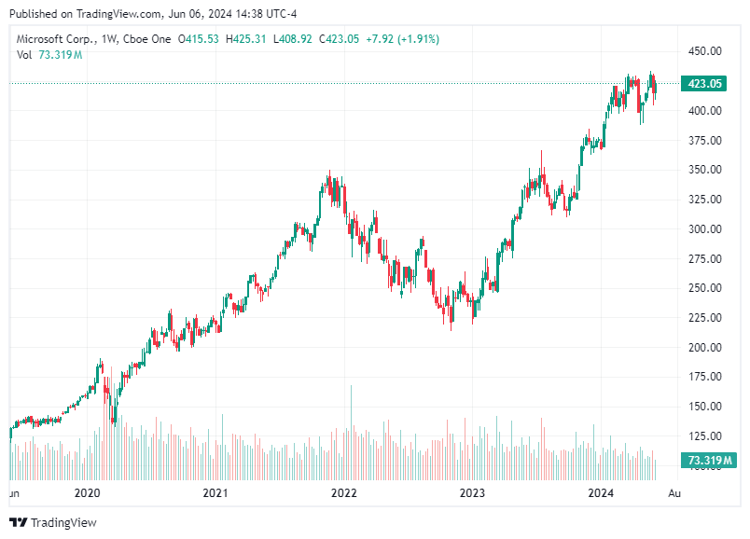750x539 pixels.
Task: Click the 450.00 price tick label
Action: pyautogui.click(x=704, y=51)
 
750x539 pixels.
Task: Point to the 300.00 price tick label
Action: pyautogui.click(x=704, y=228)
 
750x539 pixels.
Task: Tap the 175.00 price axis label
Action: pyautogui.click(x=704, y=377)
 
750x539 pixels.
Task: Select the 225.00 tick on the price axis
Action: pyautogui.click(x=704, y=318)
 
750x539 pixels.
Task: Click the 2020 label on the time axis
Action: pyautogui.click(x=87, y=492)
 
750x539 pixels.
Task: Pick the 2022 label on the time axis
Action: pyautogui.click(x=344, y=492)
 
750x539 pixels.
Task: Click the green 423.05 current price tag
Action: pyautogui.click(x=705, y=84)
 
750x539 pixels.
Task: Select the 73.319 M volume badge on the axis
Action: pyautogui.click(x=709, y=461)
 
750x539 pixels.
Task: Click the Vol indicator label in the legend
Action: pyautogui.click(x=24, y=55)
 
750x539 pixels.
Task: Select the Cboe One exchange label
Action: pyautogui.click(x=146, y=38)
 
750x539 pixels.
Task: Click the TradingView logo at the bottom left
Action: pyautogui.click(x=53, y=523)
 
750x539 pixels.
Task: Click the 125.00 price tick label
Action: pyautogui.click(x=704, y=436)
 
